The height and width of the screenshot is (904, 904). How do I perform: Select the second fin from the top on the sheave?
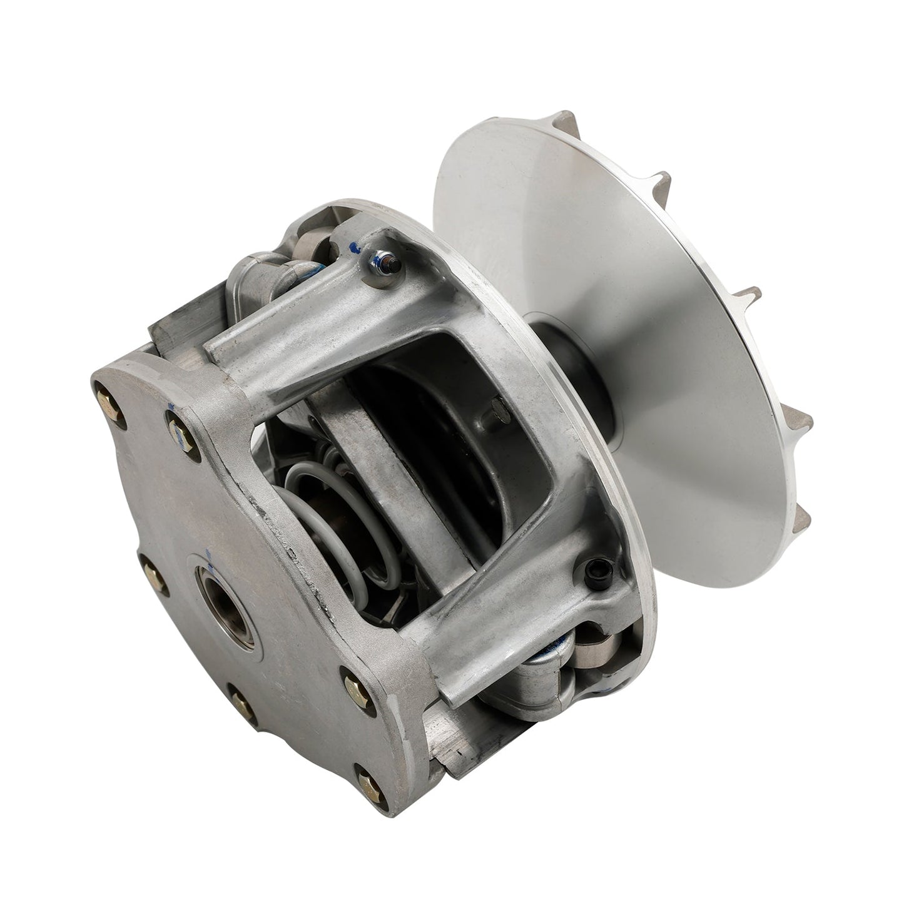tap(748, 294)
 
